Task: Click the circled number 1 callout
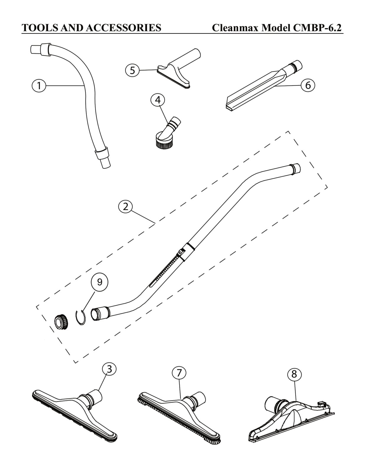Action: pos(39,86)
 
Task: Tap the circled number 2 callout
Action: pos(126,207)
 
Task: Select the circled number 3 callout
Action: pos(109,369)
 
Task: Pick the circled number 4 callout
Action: pos(158,100)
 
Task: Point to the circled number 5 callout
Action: pos(132,70)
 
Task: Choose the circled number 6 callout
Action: pos(308,85)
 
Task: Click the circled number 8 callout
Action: pos(294,374)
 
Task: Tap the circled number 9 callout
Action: pos(100,282)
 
